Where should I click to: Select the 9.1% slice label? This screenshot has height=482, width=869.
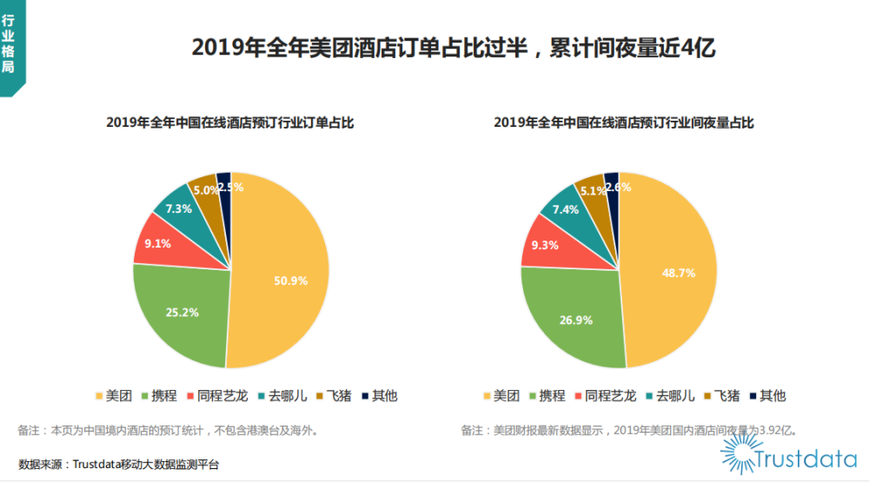pos(157,244)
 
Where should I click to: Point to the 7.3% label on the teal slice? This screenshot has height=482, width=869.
pos(179,208)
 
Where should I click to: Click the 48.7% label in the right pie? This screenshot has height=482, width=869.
pos(679,272)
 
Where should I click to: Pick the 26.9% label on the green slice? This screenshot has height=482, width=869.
pos(576,320)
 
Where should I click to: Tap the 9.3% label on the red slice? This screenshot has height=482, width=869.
pos(545,245)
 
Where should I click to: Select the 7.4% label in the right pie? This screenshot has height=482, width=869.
pos(567,209)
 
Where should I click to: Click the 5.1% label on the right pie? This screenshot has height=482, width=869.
pos(593,191)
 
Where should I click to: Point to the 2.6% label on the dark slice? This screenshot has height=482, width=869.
pos(617,187)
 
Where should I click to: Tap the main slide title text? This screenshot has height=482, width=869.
pos(453,47)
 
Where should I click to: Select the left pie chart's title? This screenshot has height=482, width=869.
pos(230,123)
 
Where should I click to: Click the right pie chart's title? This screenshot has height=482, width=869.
pos(624,123)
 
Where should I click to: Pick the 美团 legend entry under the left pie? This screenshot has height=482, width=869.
pos(112,396)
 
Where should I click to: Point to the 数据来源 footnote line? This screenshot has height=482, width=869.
pos(119,465)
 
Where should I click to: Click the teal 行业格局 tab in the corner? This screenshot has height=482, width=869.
pos(10,49)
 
